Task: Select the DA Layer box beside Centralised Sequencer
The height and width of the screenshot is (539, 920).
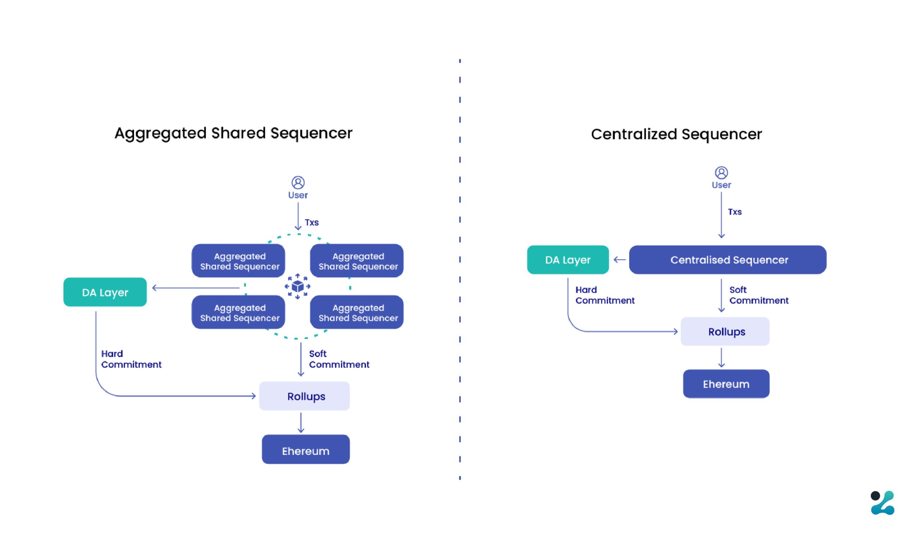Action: [x=568, y=260]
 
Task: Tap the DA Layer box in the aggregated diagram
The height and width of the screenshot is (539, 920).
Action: [x=105, y=292]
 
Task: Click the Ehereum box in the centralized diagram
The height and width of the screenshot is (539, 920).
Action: [x=726, y=384]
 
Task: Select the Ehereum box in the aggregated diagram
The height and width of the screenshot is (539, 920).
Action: [x=305, y=449]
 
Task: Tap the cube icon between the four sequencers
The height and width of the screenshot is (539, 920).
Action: [x=298, y=286]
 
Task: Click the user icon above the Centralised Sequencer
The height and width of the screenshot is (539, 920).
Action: [x=721, y=173]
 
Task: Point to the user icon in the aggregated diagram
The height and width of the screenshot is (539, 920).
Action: [x=298, y=183]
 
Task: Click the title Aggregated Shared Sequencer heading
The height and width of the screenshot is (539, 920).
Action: [x=233, y=133]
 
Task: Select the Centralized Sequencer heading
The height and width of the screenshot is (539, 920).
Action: [x=676, y=134]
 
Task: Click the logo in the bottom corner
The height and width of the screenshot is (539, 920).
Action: [x=882, y=503]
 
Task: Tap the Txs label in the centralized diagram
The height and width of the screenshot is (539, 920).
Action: [x=735, y=212]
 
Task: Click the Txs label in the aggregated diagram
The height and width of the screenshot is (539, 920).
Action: [x=312, y=222]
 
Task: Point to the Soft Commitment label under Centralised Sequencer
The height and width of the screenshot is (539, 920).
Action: [x=758, y=295]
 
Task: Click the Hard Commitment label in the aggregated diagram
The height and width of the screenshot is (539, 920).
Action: [x=131, y=359]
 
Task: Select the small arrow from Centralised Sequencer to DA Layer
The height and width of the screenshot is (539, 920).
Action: [x=620, y=260]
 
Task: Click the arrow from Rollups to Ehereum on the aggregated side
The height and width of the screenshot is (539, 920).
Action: [x=301, y=422]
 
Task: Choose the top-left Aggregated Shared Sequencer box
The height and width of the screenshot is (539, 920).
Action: [x=238, y=261]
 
